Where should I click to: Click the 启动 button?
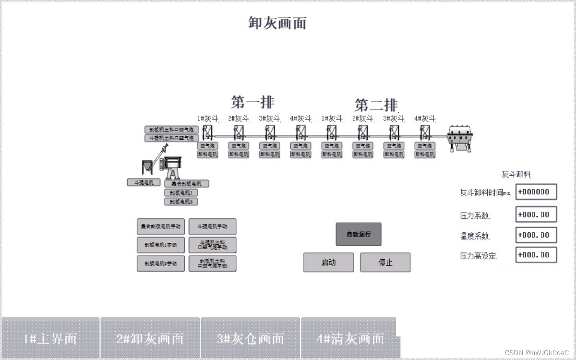(x=328, y=263)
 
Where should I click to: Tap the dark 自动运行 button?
(x=358, y=234)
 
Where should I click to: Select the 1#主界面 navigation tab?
(x=50, y=338)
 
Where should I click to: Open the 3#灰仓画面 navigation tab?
(x=250, y=338)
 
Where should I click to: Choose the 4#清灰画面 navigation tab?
(x=350, y=338)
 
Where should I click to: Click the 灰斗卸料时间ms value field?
(x=536, y=192)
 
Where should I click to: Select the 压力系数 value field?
(x=536, y=215)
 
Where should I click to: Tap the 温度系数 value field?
(x=536, y=235)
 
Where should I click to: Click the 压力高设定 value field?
(x=536, y=255)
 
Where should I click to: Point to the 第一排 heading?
(x=252, y=102)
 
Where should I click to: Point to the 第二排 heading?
(x=376, y=105)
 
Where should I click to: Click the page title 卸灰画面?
(x=277, y=23)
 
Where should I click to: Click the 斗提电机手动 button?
(x=212, y=227)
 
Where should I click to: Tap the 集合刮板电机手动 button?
(x=160, y=227)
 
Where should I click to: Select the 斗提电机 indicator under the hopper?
(x=144, y=182)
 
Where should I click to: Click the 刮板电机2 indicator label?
(x=181, y=202)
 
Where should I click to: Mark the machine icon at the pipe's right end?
(x=460, y=139)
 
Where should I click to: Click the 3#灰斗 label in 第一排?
(x=269, y=119)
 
